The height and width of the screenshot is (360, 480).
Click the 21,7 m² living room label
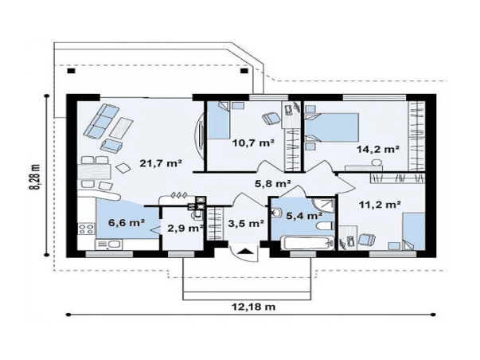[x=161, y=163]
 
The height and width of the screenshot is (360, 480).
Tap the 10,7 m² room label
[x=253, y=143]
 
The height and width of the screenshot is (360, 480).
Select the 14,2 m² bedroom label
[x=378, y=149]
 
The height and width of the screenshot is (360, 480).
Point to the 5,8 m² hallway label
[x=273, y=183]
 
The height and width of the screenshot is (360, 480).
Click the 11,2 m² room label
[x=380, y=205]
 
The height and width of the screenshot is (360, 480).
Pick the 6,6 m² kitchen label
[x=127, y=223]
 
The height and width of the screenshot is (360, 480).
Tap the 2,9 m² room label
[x=185, y=228]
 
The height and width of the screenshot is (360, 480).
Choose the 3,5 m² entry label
[x=246, y=223]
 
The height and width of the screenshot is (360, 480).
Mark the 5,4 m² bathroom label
[x=304, y=216]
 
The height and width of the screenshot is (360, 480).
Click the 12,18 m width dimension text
[x=253, y=307]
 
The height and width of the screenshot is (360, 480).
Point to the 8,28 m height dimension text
[x=35, y=177]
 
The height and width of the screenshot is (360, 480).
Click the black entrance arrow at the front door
[x=244, y=252]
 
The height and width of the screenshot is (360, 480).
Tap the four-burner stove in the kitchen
[x=86, y=229]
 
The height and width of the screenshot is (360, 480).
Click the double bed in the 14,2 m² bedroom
[x=332, y=127]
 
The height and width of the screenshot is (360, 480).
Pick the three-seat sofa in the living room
[x=101, y=121]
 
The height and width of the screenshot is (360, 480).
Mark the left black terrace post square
[x=71, y=71]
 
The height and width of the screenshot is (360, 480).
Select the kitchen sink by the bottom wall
[x=109, y=245]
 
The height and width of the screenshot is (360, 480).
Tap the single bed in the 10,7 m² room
[x=218, y=121]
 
